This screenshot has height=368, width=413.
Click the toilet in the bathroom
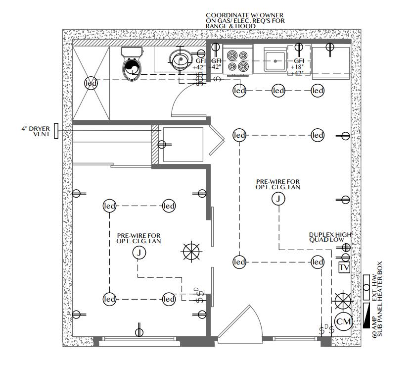132,64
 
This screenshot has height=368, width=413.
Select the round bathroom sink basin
181,60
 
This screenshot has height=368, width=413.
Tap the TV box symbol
344,267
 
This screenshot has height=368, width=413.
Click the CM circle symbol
343,321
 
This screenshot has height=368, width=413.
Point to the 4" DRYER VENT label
36,131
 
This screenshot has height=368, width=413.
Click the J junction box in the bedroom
139,253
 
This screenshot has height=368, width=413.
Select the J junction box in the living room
278,199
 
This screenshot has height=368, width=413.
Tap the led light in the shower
91,83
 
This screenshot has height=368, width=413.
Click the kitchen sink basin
275,61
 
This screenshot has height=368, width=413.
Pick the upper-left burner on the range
232,55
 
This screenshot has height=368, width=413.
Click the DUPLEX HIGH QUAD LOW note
330,237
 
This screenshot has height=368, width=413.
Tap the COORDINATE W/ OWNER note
245,21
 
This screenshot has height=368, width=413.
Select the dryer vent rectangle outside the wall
56,131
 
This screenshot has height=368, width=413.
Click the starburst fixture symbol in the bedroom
191,252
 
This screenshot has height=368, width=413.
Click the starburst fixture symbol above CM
343,301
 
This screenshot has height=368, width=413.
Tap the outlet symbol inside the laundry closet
162,144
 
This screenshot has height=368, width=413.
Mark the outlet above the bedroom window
139,332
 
